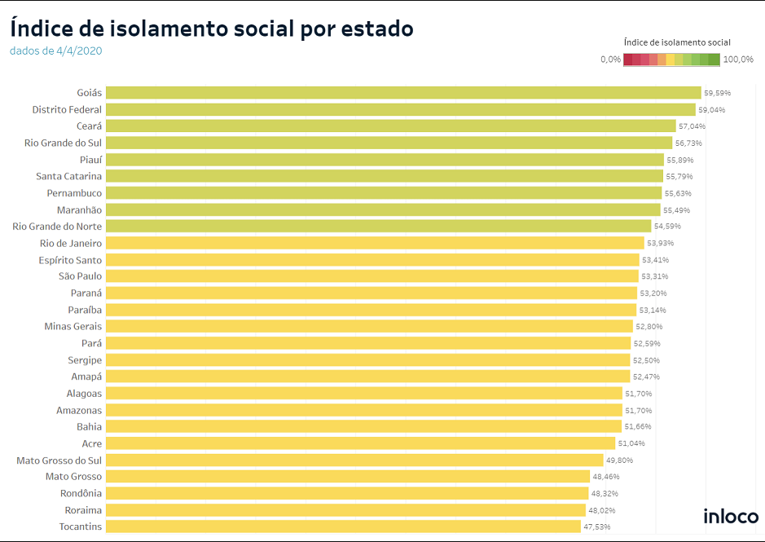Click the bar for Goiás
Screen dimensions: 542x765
click(x=403, y=93)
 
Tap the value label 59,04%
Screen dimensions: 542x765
click(x=711, y=110)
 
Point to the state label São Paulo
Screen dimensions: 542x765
click(x=80, y=276)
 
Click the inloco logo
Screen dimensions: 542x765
click(x=731, y=516)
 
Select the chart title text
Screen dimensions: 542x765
click(x=212, y=29)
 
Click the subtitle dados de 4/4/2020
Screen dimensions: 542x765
click(x=56, y=51)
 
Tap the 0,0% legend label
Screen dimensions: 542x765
click(x=610, y=59)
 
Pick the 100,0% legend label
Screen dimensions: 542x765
click(x=738, y=59)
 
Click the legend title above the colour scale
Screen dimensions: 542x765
click(x=676, y=42)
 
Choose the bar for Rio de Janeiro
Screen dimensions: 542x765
click(x=375, y=243)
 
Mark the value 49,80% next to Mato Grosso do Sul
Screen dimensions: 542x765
click(x=619, y=460)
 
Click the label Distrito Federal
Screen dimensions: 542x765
click(x=67, y=110)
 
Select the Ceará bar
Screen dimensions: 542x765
click(x=391, y=126)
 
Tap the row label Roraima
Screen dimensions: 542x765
click(x=83, y=510)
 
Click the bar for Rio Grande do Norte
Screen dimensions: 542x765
click(x=378, y=227)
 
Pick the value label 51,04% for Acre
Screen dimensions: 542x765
click(x=631, y=443)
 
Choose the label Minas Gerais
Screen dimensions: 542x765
click(x=73, y=327)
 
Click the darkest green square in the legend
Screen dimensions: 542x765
click(x=714, y=59)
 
